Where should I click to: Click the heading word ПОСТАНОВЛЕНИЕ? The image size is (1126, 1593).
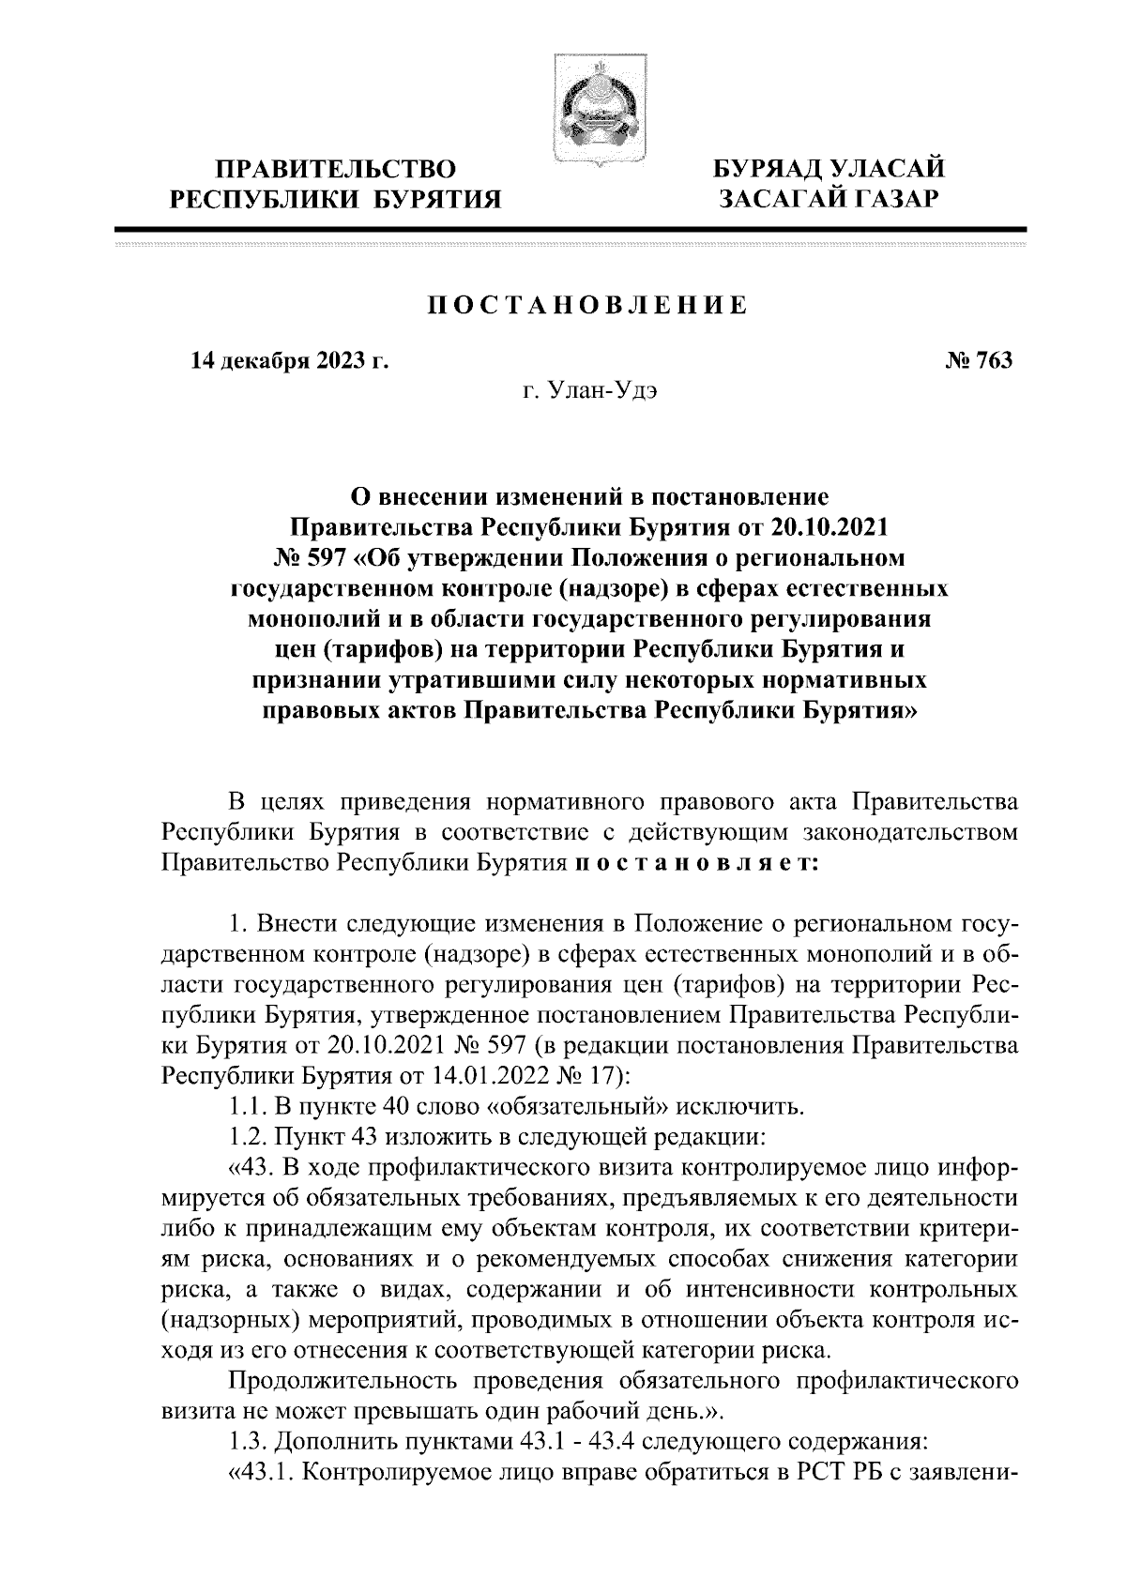tap(588, 305)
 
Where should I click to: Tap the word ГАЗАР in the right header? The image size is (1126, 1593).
tap(876, 199)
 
